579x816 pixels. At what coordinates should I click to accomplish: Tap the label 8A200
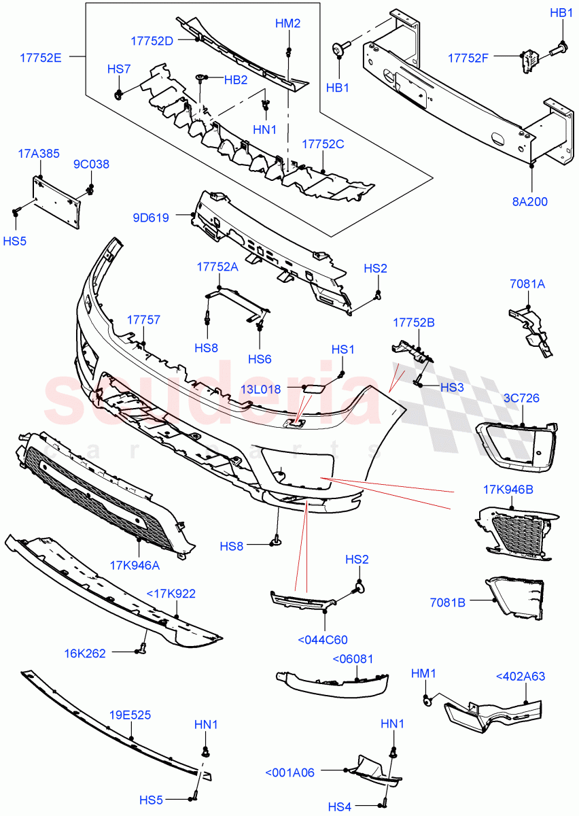pos(531,201)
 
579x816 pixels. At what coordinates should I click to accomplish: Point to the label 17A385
pos(39,154)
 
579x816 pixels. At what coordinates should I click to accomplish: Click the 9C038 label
pos(91,165)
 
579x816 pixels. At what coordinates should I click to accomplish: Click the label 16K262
pos(105,653)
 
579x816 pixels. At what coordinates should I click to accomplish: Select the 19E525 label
pos(130,715)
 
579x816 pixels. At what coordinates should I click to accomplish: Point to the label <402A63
pos(521,676)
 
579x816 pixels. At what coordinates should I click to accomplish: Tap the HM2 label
pos(288,23)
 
